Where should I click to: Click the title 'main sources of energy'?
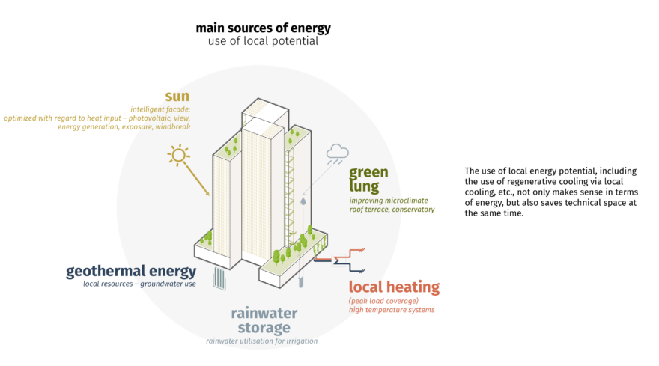click(263, 28)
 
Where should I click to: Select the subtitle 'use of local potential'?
click(263, 41)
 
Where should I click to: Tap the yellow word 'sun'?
click(177, 96)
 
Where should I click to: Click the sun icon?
click(178, 156)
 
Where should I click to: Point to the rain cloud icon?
click(336, 153)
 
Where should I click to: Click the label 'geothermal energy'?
click(131, 271)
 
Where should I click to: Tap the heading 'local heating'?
click(394, 287)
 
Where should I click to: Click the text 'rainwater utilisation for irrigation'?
click(261, 341)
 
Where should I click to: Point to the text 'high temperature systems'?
click(391, 309)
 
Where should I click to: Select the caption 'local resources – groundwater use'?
click(139, 285)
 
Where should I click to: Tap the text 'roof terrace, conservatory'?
click(392, 210)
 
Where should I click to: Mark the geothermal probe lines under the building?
click(220, 278)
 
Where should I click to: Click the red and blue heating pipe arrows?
click(341, 259)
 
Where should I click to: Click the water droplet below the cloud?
click(303, 201)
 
